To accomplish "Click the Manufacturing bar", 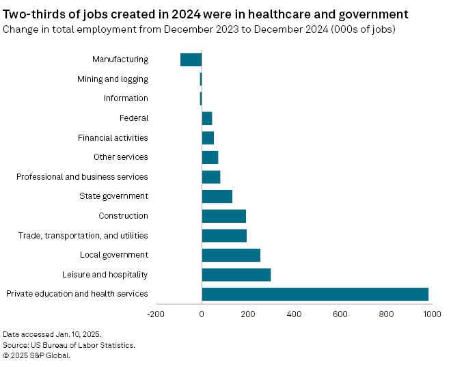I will pyautogui.click(x=191, y=59).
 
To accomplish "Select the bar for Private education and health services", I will pyautogui.click(x=315, y=294).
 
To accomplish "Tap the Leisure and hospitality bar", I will pyautogui.click(x=236, y=275).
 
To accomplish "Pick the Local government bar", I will pyautogui.click(x=231, y=255).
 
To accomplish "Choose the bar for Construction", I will pyautogui.click(x=223, y=216).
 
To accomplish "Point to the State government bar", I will pyautogui.click(x=217, y=197).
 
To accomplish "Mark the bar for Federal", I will pyautogui.click(x=207, y=118).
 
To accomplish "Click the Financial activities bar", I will pyautogui.click(x=208, y=138).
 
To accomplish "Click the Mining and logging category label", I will pyautogui.click(x=113, y=79).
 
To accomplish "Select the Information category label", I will pyautogui.click(x=126, y=98).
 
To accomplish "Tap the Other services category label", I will pyautogui.click(x=121, y=157).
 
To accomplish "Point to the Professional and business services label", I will pyautogui.click(x=82, y=177).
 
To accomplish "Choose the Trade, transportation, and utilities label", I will pyautogui.click(x=83, y=236).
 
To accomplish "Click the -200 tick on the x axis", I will pyautogui.click(x=156, y=314).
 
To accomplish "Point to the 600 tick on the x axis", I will pyautogui.click(x=340, y=314).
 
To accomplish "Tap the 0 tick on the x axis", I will pyautogui.click(x=202, y=314).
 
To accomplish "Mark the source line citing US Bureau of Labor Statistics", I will pyautogui.click(x=69, y=345).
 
